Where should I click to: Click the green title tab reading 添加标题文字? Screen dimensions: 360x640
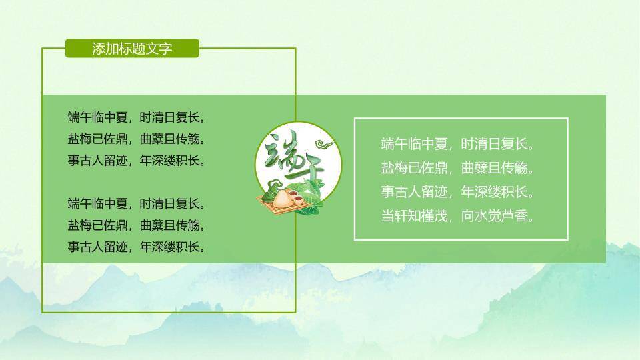click(132, 49)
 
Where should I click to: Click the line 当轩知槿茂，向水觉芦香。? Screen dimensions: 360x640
click(459, 216)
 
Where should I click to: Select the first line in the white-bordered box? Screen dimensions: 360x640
click(459, 144)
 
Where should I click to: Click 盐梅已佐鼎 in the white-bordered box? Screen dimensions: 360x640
click(414, 168)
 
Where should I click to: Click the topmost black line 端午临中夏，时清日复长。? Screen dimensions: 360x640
click(136, 118)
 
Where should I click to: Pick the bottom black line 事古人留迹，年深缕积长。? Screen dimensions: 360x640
click(136, 247)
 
